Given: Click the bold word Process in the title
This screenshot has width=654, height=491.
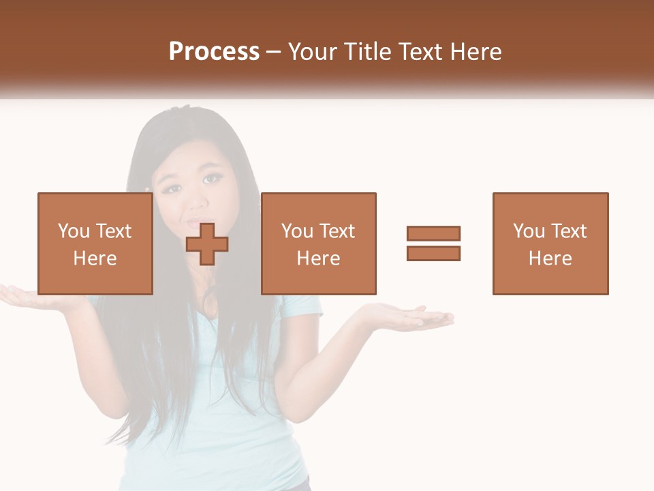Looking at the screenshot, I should pos(214,52).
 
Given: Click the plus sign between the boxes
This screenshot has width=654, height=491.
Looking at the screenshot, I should pos(207,243).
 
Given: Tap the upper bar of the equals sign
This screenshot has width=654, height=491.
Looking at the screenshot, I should pos(433,233).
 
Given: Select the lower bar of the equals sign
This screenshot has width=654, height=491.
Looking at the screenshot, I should pos(433,253).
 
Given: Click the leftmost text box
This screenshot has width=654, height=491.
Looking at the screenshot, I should pos(95,243).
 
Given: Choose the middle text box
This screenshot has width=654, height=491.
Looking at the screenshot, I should pos(319,243).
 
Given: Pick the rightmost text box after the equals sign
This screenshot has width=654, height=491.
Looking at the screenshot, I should pos(550,243).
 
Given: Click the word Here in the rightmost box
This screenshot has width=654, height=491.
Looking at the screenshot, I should pos(550,258).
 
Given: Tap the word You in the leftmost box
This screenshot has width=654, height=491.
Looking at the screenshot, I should pos(74,231).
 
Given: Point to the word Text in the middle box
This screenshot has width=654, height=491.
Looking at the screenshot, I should pos(338,231).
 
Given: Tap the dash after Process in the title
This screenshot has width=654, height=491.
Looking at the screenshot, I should pos(274,52).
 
